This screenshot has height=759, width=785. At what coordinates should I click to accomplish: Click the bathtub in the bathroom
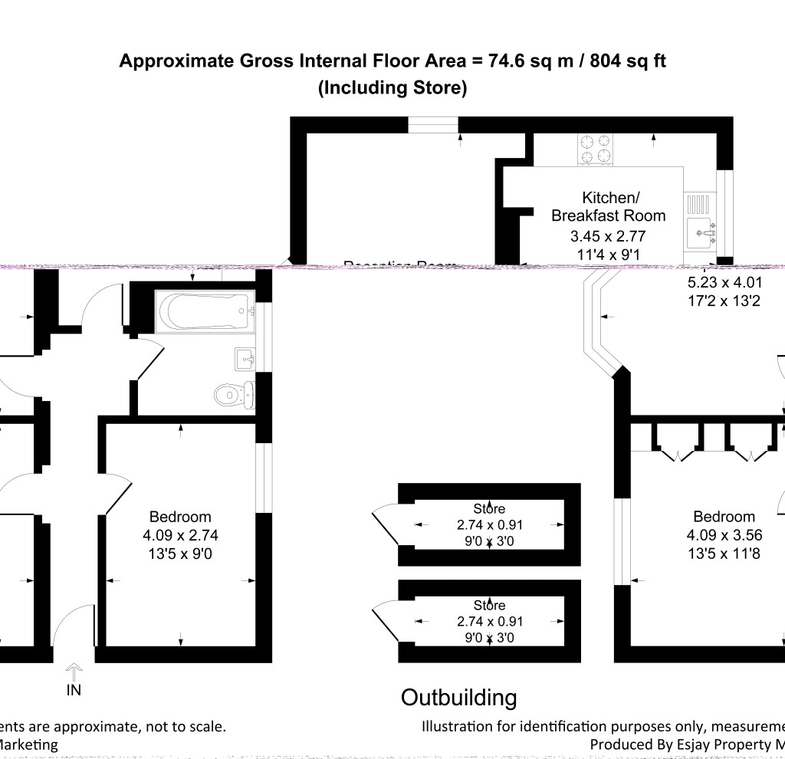[x=203, y=312]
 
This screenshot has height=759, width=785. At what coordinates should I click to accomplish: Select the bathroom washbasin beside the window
[x=245, y=358]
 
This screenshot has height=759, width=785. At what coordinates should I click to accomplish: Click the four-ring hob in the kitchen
[x=595, y=149]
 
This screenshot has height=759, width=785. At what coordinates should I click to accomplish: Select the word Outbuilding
[x=458, y=698]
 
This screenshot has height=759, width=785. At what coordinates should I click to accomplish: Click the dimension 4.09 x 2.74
[x=179, y=535]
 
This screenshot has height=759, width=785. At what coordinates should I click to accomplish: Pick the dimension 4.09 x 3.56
[x=724, y=535]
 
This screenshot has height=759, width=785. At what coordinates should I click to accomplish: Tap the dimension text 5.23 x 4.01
[x=724, y=282]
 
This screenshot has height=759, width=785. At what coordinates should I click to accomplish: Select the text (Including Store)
[x=392, y=87]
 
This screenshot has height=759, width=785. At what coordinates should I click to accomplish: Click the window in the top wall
[x=433, y=125]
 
